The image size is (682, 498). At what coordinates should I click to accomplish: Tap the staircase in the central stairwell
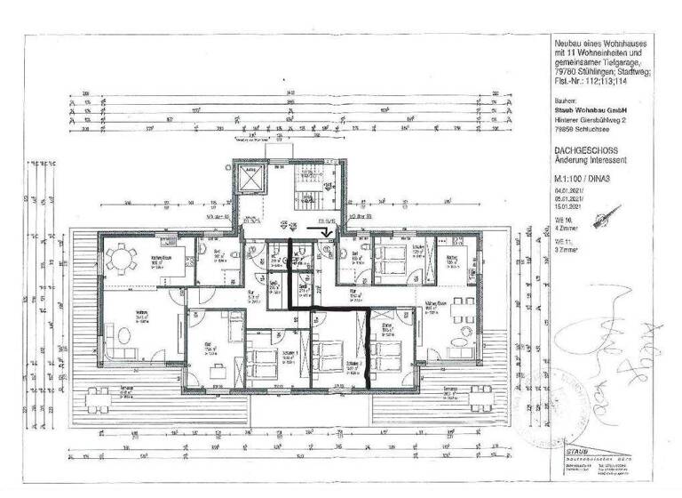314,191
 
